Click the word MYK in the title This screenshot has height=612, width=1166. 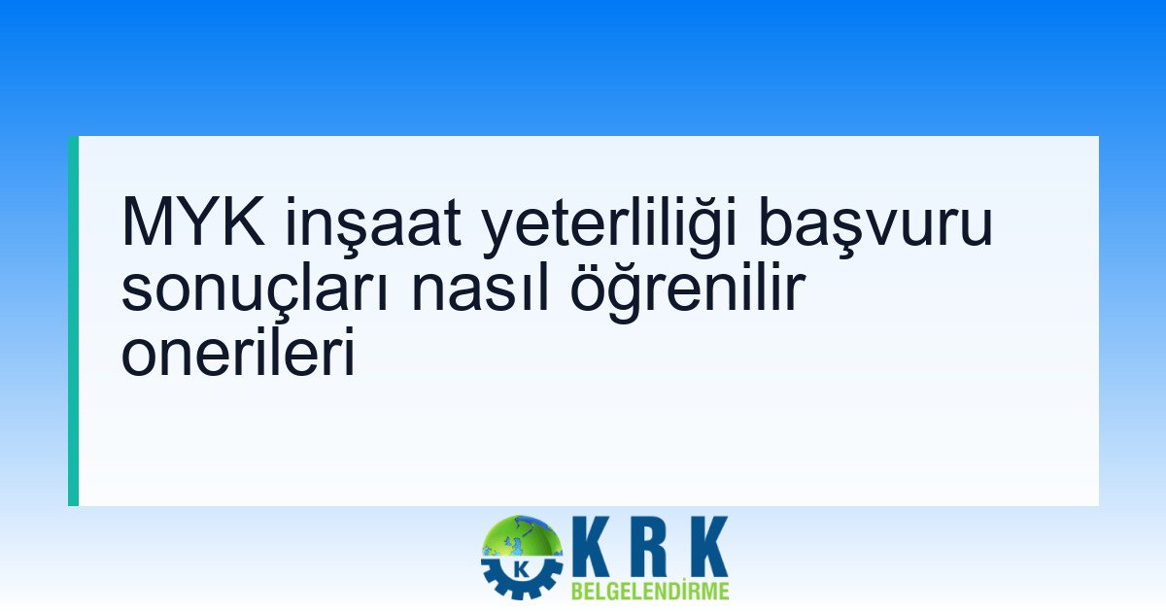[x=193, y=222]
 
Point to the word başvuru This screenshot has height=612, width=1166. [x=875, y=224]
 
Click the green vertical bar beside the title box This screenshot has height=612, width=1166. [x=73, y=321]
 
